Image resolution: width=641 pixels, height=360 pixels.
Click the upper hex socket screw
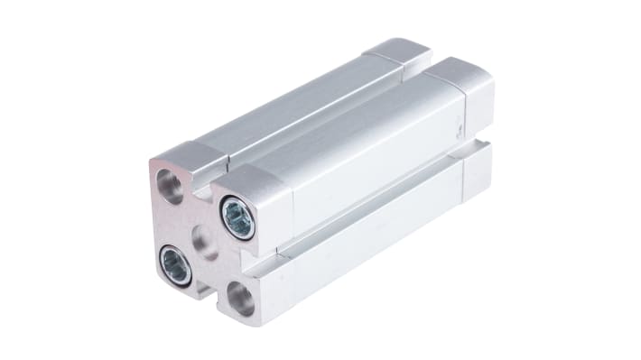pyautogui.click(x=238, y=218)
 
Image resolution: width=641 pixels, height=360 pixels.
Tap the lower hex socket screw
pyautogui.click(x=175, y=264)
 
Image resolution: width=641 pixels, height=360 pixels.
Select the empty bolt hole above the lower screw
pyautogui.click(x=169, y=186)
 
